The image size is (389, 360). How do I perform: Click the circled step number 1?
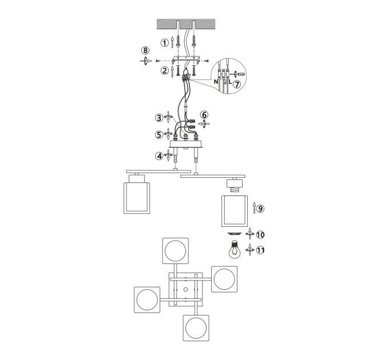pos(165,43)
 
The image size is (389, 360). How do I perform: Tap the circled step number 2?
pos(165,71)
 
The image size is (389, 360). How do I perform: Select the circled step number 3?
pos(160,118)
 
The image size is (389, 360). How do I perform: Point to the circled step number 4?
pos(159,156)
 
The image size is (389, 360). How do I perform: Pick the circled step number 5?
pos(160,134)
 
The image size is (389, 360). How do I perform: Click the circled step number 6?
pos(204,115)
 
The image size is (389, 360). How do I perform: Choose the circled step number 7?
pos(237,84)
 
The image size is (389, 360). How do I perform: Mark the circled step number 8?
pos(145,50)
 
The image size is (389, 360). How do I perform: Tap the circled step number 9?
pos(260,209)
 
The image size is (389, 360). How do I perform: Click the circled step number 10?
pos(260,235)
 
